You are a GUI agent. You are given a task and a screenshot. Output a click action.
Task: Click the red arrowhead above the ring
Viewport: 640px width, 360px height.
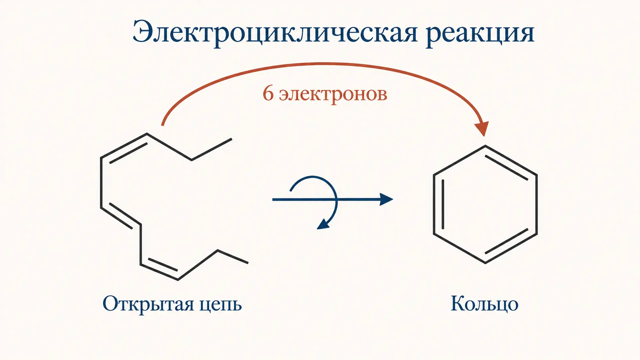pos(482,128)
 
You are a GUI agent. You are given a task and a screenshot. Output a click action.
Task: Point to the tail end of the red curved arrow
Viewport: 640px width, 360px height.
pos(162,125)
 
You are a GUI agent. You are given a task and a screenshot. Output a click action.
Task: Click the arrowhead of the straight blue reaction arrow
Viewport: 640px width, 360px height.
pos(387,199)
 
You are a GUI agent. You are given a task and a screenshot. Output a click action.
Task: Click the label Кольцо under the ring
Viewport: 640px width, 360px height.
pos(484,304)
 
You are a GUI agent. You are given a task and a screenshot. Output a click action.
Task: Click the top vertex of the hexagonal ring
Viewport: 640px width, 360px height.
pos(485,146)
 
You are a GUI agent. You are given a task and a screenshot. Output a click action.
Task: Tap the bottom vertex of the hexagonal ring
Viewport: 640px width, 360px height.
pos(485,263)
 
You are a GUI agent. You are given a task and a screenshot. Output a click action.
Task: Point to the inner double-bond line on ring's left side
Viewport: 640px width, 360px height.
pos(443,204)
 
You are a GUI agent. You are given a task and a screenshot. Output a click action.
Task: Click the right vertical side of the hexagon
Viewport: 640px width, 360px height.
pos(536,204)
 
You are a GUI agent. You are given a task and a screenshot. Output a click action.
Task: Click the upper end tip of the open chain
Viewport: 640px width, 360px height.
pos(231,139)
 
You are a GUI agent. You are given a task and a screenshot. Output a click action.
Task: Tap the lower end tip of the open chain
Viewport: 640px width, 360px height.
pos(248,263)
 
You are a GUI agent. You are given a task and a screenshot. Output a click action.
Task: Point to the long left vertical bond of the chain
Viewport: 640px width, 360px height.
pos(101,183)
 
